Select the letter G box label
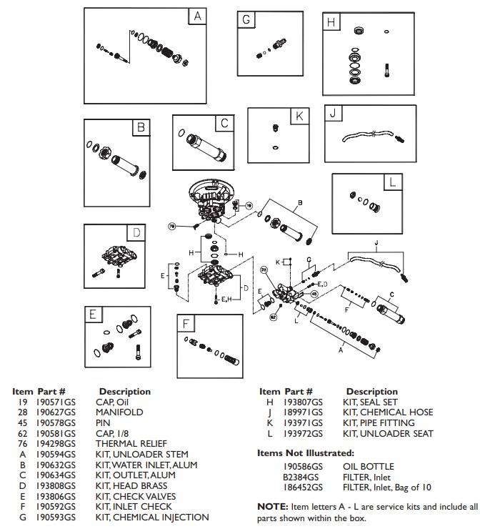pyautogui.click(x=246, y=21)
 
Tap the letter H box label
pyautogui.click(x=331, y=22)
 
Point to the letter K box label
pyautogui.click(x=299, y=117)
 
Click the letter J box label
pyautogui.click(x=333, y=115)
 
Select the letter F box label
pyautogui.click(x=186, y=324)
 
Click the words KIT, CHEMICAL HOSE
pyautogui.click(x=388, y=412)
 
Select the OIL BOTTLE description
pyautogui.click(x=369, y=466)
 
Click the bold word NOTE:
pyautogui.click(x=271, y=506)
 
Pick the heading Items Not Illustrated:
pyautogui.click(x=305, y=453)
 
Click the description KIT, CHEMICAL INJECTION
pyautogui.click(x=152, y=517)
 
